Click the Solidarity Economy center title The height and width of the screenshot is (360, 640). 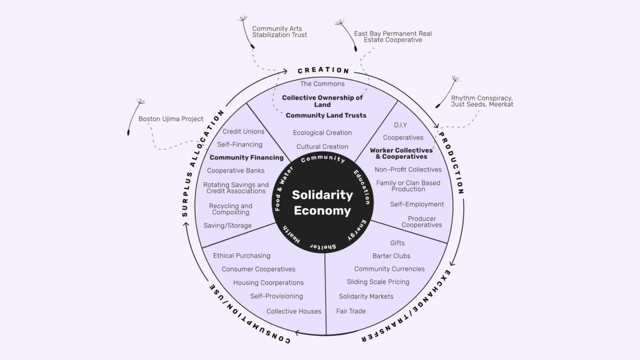[322, 203]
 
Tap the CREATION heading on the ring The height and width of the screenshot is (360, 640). [323, 70]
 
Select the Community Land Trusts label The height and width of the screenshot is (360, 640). [326, 115]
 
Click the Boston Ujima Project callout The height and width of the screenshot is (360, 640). [171, 119]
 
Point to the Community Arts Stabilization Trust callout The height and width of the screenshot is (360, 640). [279, 32]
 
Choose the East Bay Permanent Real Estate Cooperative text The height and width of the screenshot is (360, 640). [393, 37]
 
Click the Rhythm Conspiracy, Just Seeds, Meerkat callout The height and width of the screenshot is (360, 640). [482, 101]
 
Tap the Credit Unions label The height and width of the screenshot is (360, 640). [243, 132]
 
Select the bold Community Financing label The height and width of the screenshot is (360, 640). [246, 158]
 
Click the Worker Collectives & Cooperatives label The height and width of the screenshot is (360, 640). [401, 153]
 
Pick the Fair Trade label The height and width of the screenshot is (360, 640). [351, 311]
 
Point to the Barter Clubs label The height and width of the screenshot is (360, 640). [391, 256]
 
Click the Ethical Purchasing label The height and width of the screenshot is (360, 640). [241, 256]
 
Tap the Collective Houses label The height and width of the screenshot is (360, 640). [294, 311]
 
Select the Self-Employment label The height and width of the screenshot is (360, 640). [417, 204]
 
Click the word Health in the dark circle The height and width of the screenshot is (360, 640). [291, 234]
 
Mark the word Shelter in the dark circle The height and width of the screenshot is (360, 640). [323, 247]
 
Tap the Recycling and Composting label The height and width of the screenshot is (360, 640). [230, 209]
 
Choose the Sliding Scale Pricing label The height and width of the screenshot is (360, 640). [378, 282]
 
